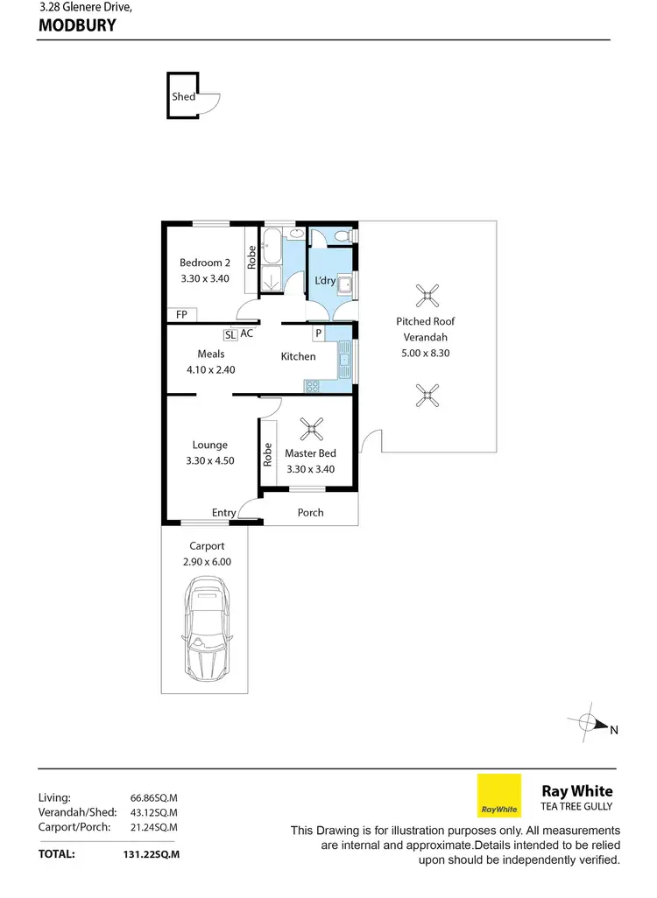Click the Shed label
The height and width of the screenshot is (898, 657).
[183, 97]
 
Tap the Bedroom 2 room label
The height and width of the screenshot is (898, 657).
[205, 263]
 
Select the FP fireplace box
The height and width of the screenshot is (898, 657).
[181, 315]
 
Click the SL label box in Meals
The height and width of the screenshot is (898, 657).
[230, 334]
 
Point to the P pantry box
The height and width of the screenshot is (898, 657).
[318, 333]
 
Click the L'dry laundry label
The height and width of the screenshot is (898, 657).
[326, 280]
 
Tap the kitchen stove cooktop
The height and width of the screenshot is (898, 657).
[313, 385]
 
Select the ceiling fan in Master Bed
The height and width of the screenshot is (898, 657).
[311, 429]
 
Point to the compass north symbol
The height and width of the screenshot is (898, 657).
[590, 724]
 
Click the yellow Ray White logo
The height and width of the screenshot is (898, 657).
[498, 796]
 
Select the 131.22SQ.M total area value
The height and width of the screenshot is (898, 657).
[152, 853]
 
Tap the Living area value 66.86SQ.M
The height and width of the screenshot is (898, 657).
[154, 798]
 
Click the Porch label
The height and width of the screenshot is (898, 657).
[310, 513]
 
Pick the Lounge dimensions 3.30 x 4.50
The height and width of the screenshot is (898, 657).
[210, 460]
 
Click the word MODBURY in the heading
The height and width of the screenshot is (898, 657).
[78, 25]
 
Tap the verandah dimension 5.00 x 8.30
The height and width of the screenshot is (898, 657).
[426, 354]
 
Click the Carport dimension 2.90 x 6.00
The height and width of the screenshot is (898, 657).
[205, 563]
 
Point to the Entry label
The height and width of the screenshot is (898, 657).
[223, 513]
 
